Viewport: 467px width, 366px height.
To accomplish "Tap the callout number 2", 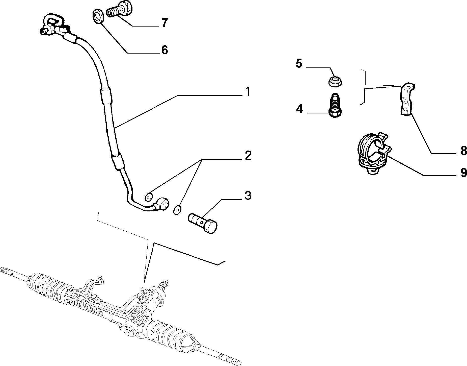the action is [248, 155].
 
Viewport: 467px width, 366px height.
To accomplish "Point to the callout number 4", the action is [299, 109].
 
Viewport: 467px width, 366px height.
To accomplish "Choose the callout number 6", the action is [164, 50].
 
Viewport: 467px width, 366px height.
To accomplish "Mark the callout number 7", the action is [164, 23].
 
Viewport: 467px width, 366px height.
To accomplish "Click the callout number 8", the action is [463, 151].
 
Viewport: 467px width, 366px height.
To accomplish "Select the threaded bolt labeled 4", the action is [335, 105].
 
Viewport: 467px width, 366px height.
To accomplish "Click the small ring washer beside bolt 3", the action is [178, 209].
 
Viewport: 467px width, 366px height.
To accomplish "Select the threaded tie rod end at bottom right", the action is [229, 359].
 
